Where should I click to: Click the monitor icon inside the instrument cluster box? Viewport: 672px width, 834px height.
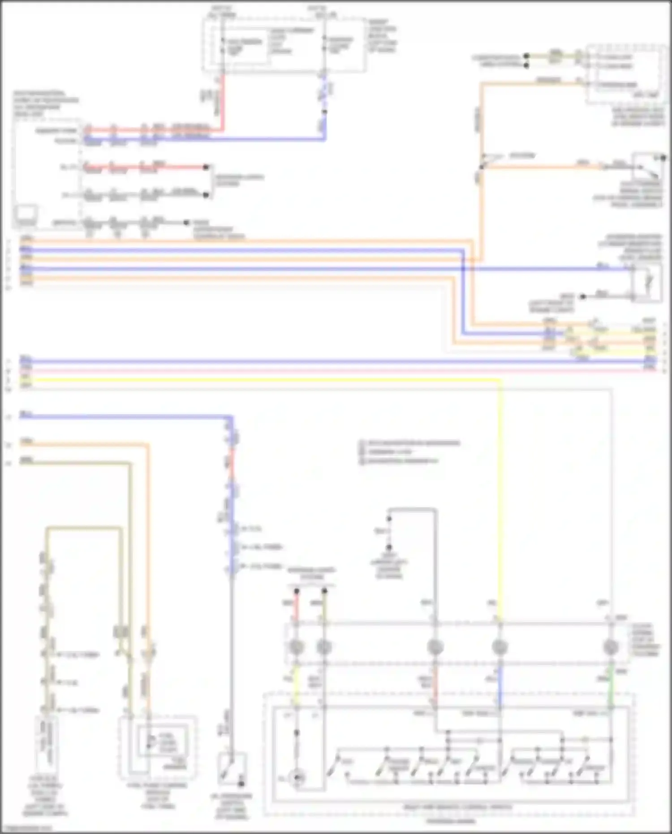click(26, 216)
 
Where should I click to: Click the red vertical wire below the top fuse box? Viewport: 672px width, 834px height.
click(223, 103)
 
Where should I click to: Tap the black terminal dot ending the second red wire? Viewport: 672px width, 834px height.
click(206, 167)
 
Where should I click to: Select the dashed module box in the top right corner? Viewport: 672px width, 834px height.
click(625, 74)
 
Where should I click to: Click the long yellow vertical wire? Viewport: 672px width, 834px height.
click(500, 493)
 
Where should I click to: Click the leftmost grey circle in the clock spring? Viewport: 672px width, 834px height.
click(296, 647)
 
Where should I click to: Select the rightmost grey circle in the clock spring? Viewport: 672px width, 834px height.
click(611, 647)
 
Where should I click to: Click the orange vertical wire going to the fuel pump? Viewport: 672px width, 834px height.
click(148, 538)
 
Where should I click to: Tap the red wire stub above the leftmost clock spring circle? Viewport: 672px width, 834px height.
click(296, 605)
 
